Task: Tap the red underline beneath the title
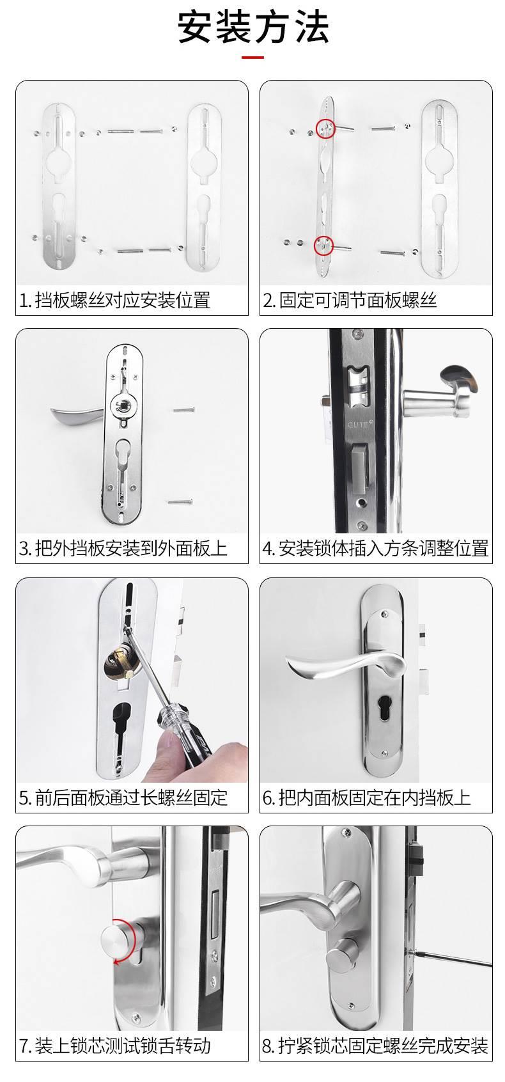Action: (252, 58)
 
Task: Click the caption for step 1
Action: (114, 300)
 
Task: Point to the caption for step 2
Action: (350, 300)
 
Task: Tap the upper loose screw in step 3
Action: (183, 410)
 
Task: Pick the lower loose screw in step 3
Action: (180, 501)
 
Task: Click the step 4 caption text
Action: (376, 548)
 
